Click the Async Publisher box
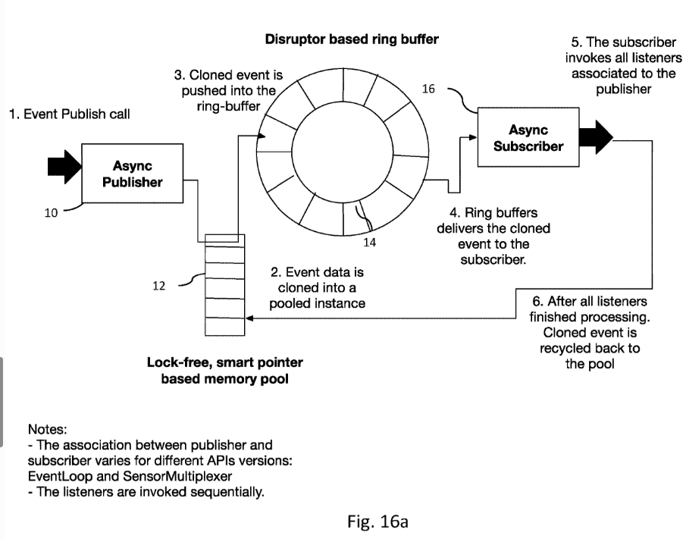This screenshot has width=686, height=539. pos(132,174)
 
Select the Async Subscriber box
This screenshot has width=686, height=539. pos(528,138)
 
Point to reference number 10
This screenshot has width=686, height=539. pos(50,213)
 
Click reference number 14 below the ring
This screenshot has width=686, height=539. pos(370,243)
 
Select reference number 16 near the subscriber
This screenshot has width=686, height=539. pos(428,89)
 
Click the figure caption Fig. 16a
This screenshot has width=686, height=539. pos(377,522)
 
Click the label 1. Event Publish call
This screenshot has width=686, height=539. pos(69,114)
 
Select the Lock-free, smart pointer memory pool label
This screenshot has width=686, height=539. pos(224,371)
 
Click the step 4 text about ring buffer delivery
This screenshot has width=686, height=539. pos(493,237)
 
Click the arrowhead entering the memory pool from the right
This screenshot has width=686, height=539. pos(249,319)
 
